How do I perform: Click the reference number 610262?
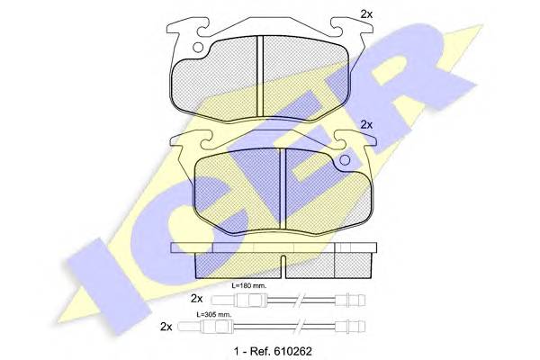292,351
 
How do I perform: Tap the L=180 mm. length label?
248,285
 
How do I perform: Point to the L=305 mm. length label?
214,314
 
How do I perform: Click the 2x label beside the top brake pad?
366,14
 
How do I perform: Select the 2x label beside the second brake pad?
366,124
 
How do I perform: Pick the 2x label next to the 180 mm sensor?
196,298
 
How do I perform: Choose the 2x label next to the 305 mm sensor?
166,326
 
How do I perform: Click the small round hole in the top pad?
198,47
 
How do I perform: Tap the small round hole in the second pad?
345,159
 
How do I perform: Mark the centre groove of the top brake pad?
260,76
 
